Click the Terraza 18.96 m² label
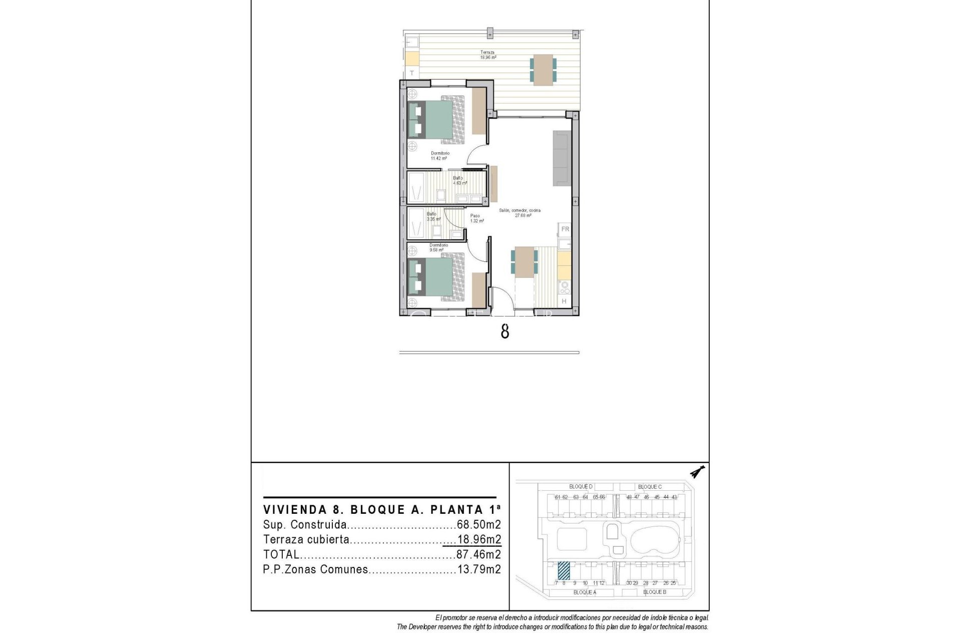[x=488, y=55]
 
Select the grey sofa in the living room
[x=562, y=158]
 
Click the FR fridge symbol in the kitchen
[x=565, y=229]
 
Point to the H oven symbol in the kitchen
[x=564, y=301]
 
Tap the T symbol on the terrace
[x=412, y=73]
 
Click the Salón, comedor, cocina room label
[x=520, y=213]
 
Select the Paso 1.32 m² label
[x=476, y=218]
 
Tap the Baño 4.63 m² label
[x=459, y=181]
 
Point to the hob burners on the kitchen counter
[x=565, y=288]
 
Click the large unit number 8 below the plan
[x=505, y=332]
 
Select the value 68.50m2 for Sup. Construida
[x=478, y=525]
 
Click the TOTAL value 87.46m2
[x=478, y=554]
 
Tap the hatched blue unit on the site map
[x=564, y=570]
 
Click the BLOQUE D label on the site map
[x=581, y=487]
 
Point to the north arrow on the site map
[x=697, y=472]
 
